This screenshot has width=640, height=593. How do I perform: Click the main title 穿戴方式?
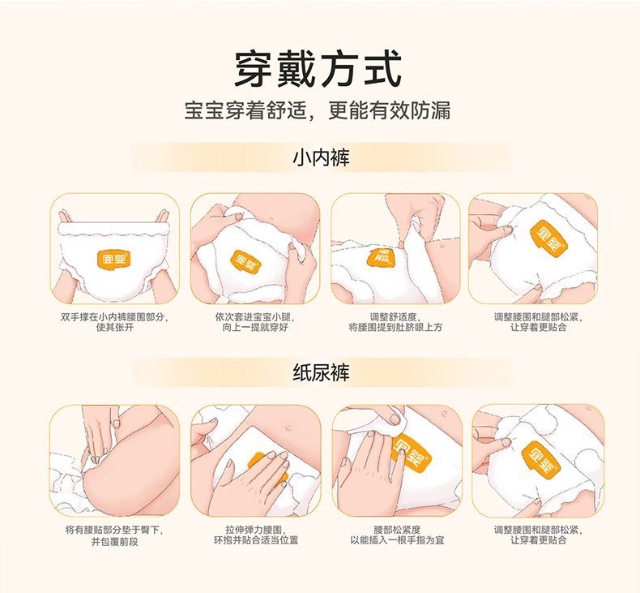point(318,69)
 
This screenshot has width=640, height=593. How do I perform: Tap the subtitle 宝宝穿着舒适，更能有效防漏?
point(318,110)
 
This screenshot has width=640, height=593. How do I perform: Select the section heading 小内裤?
point(322,157)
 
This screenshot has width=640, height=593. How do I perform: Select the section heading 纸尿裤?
point(322,372)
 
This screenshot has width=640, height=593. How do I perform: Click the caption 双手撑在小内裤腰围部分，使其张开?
point(115,322)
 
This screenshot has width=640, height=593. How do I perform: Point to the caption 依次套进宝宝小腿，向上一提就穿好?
point(255,322)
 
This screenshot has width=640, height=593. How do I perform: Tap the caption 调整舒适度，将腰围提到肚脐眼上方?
point(395,322)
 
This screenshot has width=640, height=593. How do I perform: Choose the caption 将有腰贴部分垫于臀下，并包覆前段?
point(115,535)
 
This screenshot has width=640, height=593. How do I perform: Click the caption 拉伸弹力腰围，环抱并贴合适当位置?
point(256,535)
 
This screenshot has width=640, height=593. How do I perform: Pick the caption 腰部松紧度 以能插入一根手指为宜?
point(397,535)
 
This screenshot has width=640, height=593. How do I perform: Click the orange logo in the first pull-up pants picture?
point(114,258)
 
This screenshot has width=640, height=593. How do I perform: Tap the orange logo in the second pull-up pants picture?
point(245,262)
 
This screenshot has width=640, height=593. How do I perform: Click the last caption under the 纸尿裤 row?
point(539,535)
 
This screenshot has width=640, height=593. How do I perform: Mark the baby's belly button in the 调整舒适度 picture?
point(443,248)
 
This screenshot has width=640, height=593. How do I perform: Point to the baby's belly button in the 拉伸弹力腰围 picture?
point(289,427)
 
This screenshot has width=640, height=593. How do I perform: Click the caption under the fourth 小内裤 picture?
point(539,322)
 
